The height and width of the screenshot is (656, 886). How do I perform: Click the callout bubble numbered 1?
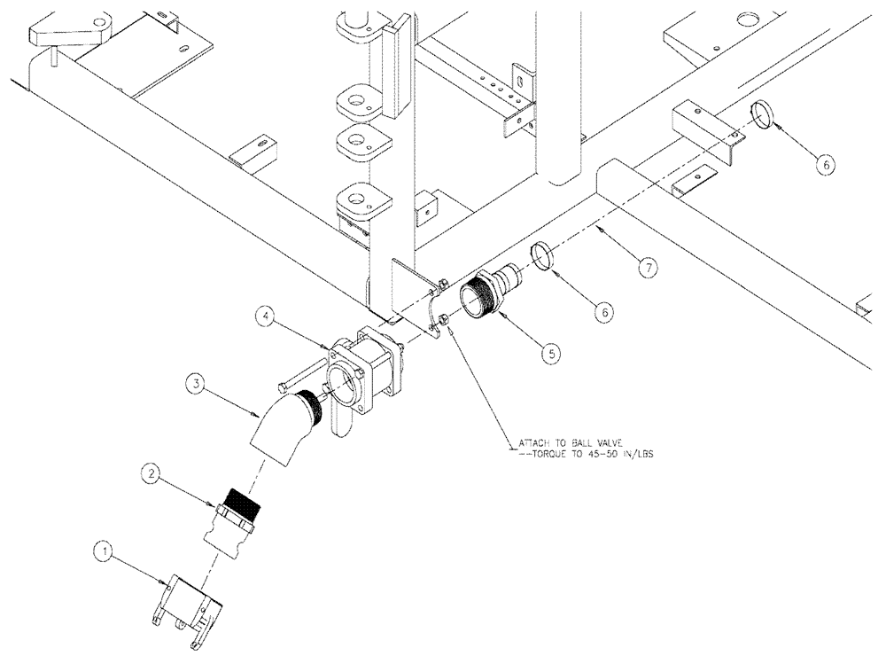(x=104, y=551)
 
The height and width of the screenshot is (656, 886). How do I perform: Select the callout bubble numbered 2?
(x=153, y=477)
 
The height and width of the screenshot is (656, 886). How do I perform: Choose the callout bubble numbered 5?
(x=551, y=352)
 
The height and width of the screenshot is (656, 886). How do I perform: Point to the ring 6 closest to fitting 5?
(x=543, y=256)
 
